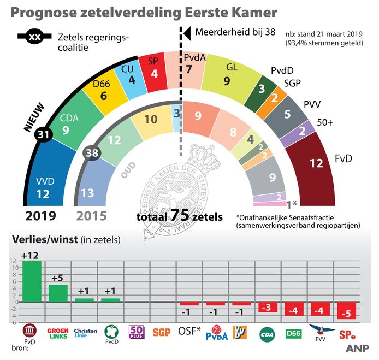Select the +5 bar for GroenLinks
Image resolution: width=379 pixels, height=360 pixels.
click(58, 293)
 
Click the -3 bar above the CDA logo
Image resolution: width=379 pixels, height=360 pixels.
click(268, 306)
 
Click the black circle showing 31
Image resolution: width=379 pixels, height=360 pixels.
click(42, 134)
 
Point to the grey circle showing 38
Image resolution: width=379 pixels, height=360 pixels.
click(92, 153)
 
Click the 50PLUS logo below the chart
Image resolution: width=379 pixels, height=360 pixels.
click(137, 332)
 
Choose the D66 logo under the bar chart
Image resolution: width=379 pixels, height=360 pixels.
click(294, 332)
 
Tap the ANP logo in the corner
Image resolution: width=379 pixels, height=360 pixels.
click(357, 348)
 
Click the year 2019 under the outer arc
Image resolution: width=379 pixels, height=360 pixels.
click(40, 215)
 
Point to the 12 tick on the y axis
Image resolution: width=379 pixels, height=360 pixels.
click(13, 261)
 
